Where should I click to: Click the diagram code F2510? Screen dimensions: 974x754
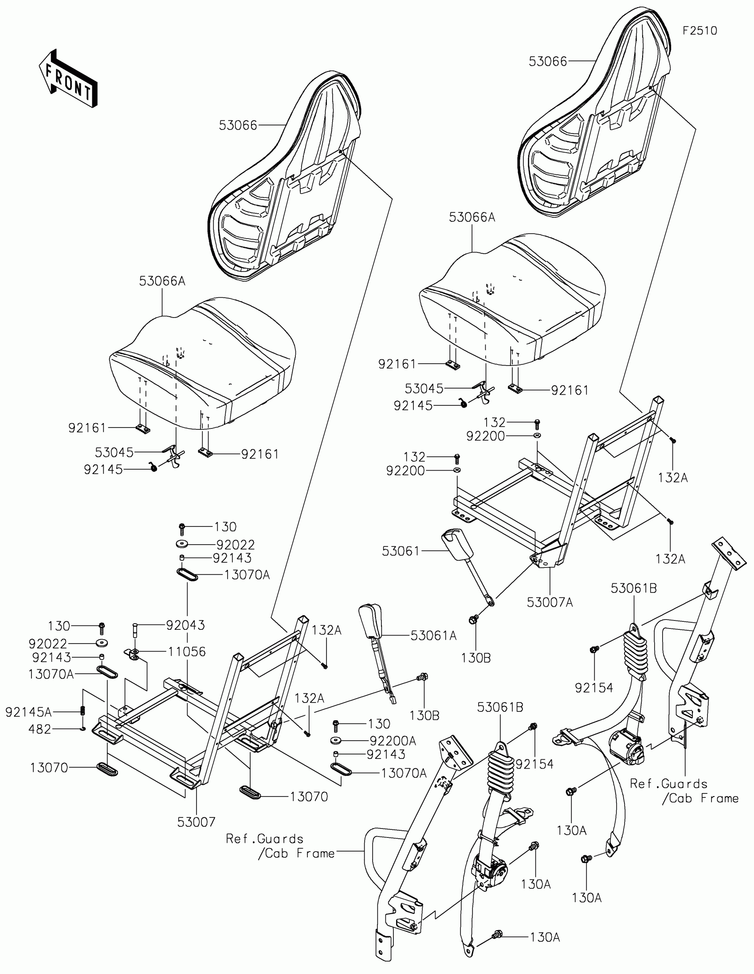[699, 31]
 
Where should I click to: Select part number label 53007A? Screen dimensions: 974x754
[550, 602]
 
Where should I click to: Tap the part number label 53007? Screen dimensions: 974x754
[196, 822]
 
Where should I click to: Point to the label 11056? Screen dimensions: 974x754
[186, 652]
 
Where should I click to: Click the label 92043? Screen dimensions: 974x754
[185, 625]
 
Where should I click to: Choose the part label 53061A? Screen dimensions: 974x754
[433, 636]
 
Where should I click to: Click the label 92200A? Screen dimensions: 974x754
[393, 741]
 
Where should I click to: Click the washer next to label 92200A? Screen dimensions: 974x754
[336, 741]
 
